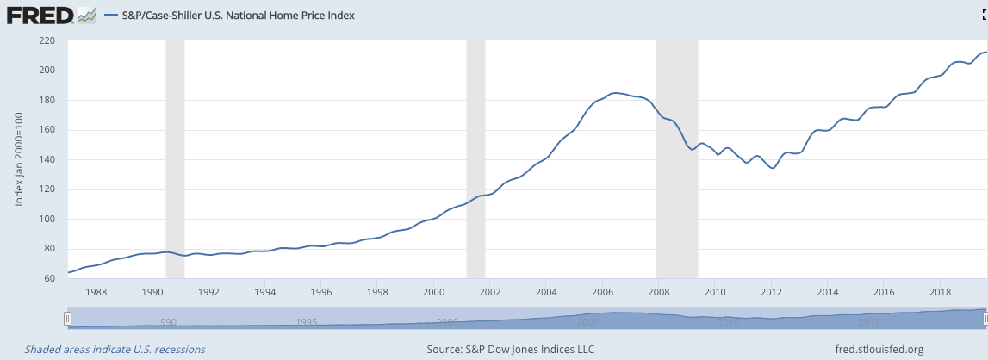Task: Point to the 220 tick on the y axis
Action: [47, 40]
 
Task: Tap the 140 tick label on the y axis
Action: [47, 159]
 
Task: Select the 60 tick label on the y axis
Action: [50, 278]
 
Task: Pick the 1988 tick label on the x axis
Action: [96, 291]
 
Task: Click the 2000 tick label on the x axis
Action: [433, 291]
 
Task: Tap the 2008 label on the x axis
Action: [658, 291]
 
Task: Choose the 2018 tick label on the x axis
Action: [939, 291]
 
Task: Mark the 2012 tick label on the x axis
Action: [770, 291]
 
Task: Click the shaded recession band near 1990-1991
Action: [175, 155]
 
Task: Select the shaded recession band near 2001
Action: [475, 155]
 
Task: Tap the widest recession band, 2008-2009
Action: [677, 155]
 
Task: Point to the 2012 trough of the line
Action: [773, 168]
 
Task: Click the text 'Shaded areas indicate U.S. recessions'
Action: [115, 350]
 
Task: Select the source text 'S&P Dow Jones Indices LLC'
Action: [511, 350]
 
